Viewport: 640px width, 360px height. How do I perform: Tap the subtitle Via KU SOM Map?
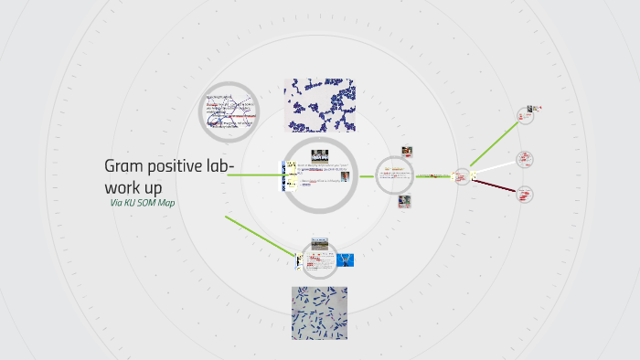142,203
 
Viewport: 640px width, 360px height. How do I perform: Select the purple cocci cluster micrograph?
319,105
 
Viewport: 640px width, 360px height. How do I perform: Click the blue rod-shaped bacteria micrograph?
319,313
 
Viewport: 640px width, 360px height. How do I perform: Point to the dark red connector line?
495,185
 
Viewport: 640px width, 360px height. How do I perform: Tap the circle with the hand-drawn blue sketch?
229,111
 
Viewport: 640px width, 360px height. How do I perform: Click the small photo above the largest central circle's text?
319,154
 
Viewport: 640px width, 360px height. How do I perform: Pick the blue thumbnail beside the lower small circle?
345,260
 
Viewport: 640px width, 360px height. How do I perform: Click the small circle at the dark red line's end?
525,193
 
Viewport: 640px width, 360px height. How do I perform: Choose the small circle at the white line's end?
525,159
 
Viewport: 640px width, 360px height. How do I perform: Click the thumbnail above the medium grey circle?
406,152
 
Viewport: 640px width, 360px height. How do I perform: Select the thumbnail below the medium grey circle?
404,201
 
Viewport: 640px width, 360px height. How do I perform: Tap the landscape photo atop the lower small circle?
319,243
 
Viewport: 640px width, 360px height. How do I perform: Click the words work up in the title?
133,186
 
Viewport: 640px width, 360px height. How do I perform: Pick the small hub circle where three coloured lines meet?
463,176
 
